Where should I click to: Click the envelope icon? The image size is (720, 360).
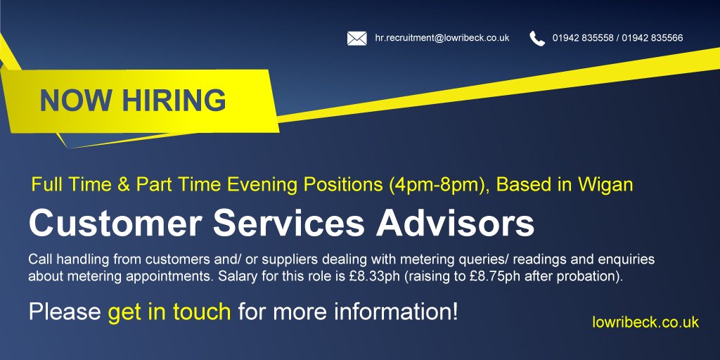coord(356,38)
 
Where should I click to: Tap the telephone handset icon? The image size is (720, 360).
coord(537,38)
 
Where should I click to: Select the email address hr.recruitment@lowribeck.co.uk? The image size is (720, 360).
coord(442,38)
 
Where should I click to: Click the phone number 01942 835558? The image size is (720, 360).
coord(581,38)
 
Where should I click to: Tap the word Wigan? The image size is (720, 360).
coord(605,185)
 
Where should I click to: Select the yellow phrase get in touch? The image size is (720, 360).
coord(169,311)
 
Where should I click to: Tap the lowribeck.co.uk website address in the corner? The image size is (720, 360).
coord(645,322)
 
